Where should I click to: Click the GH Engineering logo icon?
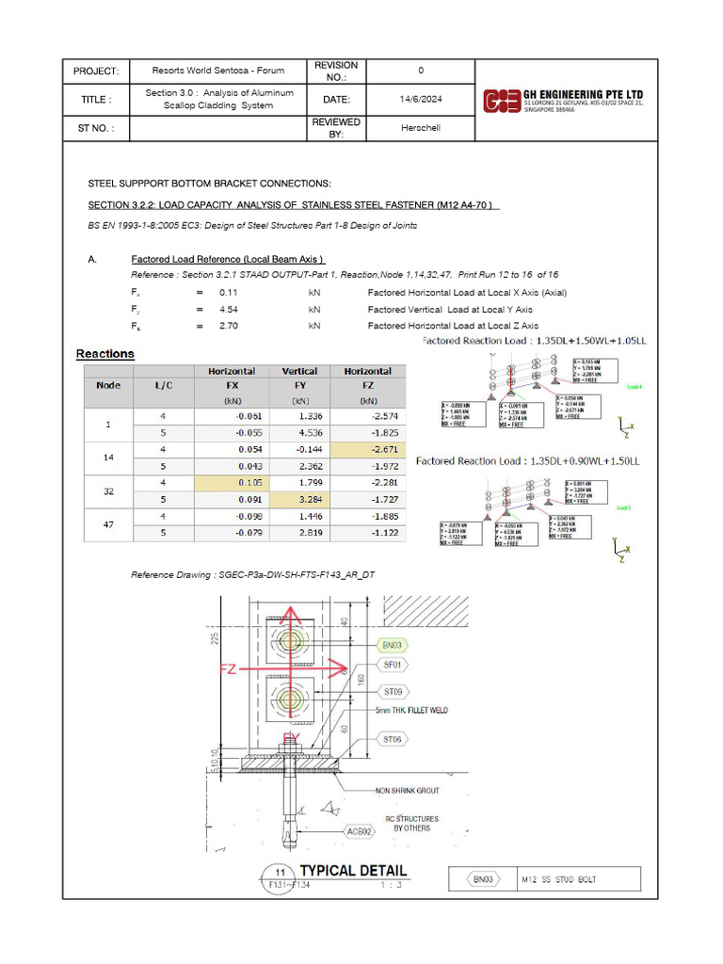500,100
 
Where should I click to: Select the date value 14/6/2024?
420,99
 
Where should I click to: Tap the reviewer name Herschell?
420,128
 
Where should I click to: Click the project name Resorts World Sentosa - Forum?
218,71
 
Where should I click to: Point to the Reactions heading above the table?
105,354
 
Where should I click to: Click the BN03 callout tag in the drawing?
392,645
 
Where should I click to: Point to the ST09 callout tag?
392,692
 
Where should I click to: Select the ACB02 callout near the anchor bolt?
358,832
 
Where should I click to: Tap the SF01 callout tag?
392,665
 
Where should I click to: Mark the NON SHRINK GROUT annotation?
407,791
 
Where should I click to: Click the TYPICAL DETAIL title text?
353,871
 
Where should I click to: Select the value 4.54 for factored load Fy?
229,309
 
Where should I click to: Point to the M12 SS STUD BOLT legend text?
559,879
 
